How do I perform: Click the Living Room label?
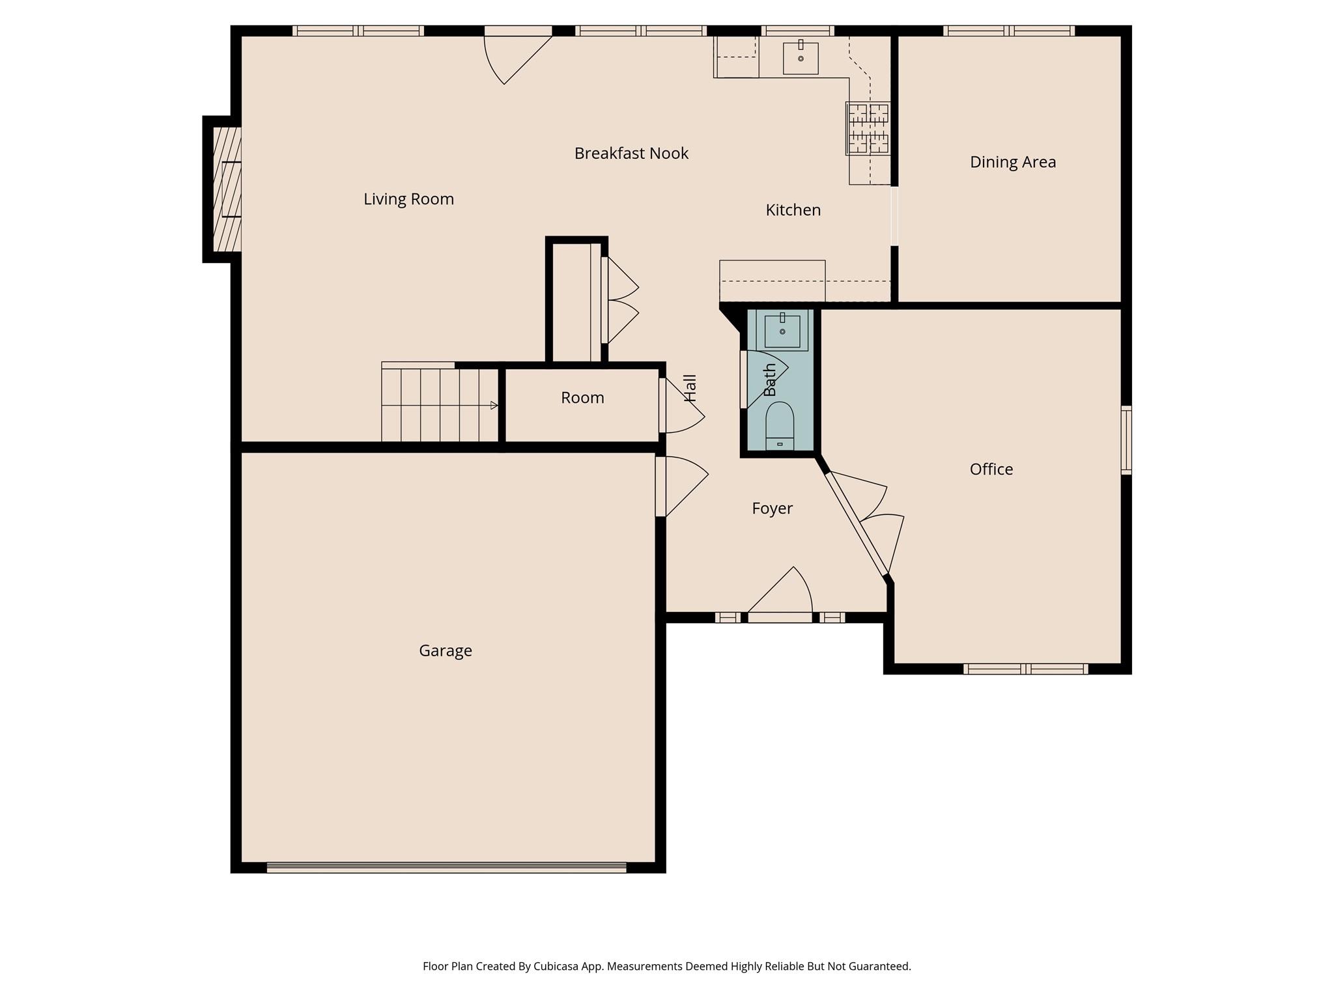[408, 199]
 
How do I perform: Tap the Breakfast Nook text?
[631, 154]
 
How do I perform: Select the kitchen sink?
[801, 58]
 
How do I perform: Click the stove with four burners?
[868, 128]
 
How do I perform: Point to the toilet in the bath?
[780, 426]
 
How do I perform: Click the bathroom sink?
[782, 331]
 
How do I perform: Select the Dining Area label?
[1012, 162]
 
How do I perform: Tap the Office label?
[991, 469]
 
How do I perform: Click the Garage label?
[445, 650]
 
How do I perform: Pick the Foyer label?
[772, 508]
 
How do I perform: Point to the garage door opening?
[446, 867]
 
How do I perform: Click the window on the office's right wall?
[1126, 439]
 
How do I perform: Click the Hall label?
[690, 388]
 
